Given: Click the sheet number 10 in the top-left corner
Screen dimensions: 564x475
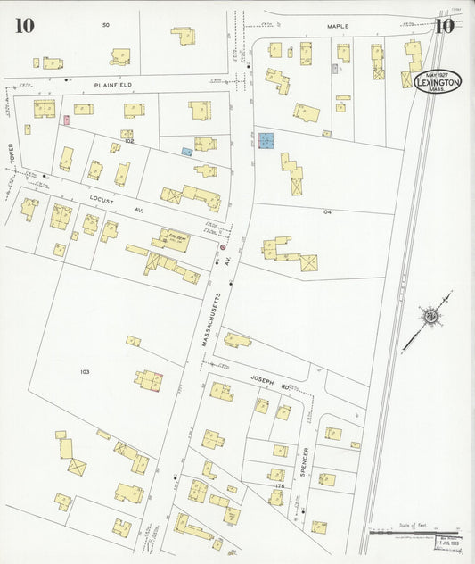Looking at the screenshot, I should [24, 25].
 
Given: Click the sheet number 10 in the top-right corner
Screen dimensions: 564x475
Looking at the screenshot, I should [444, 24].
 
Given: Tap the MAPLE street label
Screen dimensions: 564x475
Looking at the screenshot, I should [337, 27].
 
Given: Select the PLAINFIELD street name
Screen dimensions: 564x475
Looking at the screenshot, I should [113, 83].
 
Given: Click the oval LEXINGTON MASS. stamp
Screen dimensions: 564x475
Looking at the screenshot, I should [438, 81].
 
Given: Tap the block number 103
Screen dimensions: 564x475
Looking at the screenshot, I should [85, 371].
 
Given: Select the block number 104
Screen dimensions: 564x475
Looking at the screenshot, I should [326, 212].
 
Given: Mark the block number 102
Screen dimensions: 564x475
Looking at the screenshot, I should [128, 141].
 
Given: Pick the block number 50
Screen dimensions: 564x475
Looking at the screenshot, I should [105, 24].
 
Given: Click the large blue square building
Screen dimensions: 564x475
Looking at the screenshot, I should [266, 141].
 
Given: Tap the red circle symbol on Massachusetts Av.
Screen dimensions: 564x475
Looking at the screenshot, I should [222, 247].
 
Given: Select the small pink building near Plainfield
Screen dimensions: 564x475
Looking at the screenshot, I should [66, 119].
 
